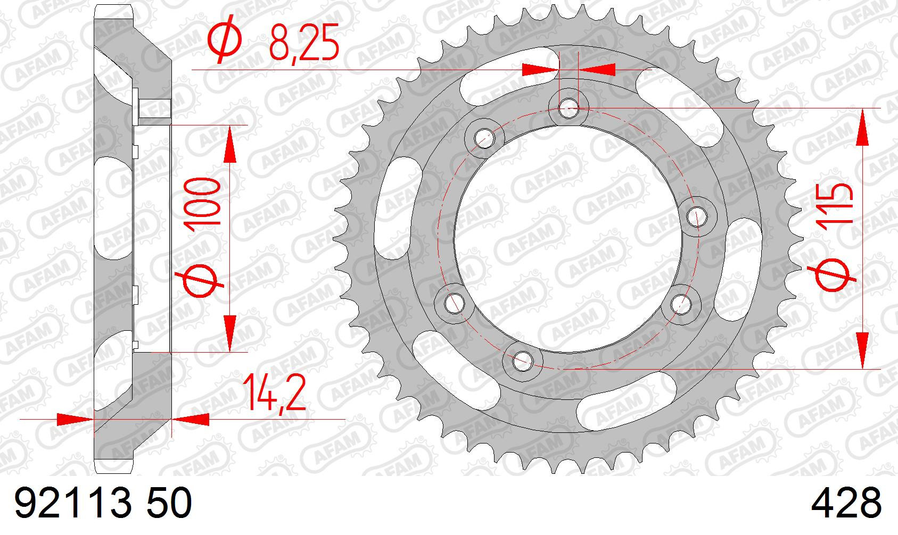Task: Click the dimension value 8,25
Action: [x=303, y=43]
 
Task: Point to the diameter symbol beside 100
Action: [x=199, y=281]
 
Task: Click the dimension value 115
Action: [x=836, y=207]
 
